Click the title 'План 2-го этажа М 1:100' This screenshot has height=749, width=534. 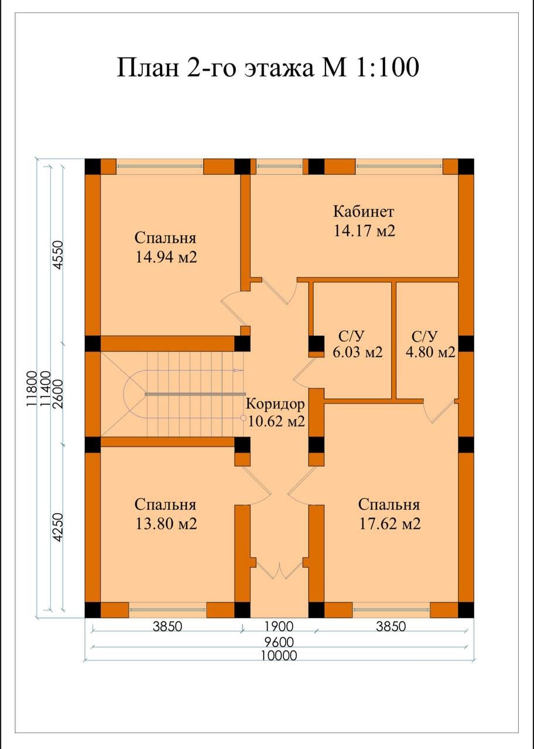[x=268, y=67]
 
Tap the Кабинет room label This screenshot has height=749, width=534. [x=364, y=212]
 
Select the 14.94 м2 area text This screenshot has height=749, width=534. [x=166, y=257]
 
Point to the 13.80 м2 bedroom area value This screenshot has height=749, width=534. [x=166, y=524]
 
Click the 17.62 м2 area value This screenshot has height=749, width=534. [x=390, y=524]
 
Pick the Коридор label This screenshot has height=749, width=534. [x=275, y=404]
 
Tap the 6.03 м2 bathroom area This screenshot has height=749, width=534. [x=357, y=352]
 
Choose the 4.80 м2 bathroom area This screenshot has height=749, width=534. [x=430, y=352]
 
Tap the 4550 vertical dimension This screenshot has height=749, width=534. [x=58, y=255]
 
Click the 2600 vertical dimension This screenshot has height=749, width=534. [x=58, y=394]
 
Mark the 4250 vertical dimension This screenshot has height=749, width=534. [x=58, y=528]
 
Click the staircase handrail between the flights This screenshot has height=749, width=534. [x=194, y=394]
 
